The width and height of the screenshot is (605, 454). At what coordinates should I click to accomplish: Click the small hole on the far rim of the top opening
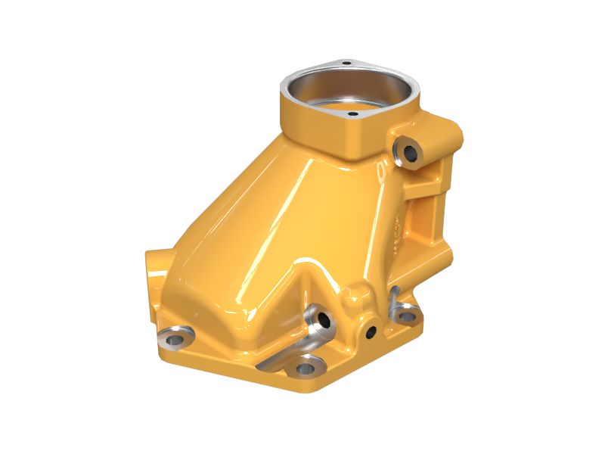345,64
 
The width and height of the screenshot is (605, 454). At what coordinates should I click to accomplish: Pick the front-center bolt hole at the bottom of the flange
305,368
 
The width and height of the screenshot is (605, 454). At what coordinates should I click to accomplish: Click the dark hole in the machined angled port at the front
324,320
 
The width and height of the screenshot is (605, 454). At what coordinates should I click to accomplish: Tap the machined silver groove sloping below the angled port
284,356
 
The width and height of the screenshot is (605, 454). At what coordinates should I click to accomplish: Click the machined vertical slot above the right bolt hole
394,299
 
